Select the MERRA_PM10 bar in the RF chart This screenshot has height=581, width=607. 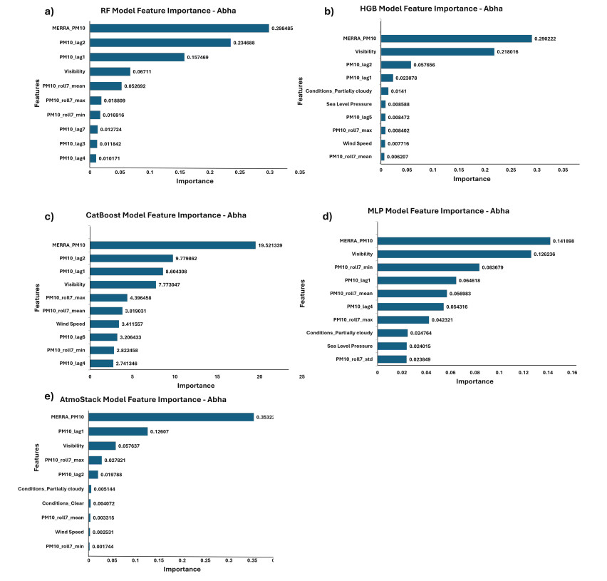point(179,29)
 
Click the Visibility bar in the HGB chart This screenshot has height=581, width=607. point(437,52)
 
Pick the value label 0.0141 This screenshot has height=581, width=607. point(399,91)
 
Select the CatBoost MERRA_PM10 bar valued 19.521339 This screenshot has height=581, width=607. point(172,245)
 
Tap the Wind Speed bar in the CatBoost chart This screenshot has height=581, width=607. point(104,324)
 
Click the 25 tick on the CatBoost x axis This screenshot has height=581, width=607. point(301,376)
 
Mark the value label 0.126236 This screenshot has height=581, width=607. point(548,254)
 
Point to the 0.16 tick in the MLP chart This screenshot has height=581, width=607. point(571,372)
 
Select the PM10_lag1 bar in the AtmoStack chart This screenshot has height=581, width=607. point(118,431)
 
